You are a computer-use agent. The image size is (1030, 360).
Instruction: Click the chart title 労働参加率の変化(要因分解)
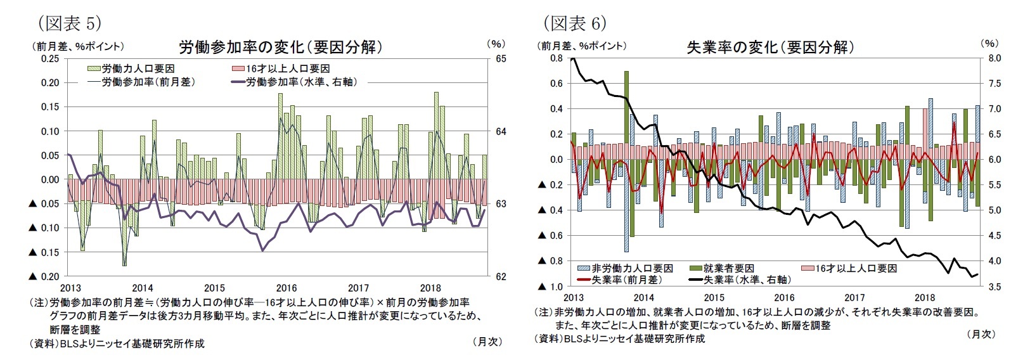click(x=280, y=47)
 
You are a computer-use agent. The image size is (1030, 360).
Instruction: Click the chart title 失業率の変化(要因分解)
click(x=770, y=47)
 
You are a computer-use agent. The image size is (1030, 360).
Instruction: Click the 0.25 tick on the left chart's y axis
click(x=50, y=58)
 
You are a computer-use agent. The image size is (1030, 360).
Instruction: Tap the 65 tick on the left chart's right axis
click(x=500, y=58)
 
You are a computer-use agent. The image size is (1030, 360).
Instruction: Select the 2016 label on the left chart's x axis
click(x=286, y=288)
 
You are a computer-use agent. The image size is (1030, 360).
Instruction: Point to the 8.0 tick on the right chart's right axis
click(x=994, y=58)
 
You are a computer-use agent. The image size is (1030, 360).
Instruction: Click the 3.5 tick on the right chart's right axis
click(x=994, y=287)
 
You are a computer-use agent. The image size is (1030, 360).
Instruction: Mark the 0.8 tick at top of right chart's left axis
click(x=556, y=58)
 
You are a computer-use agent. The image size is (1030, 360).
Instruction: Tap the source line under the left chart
click(x=117, y=343)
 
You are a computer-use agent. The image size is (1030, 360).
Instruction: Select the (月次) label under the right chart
click(x=981, y=333)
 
